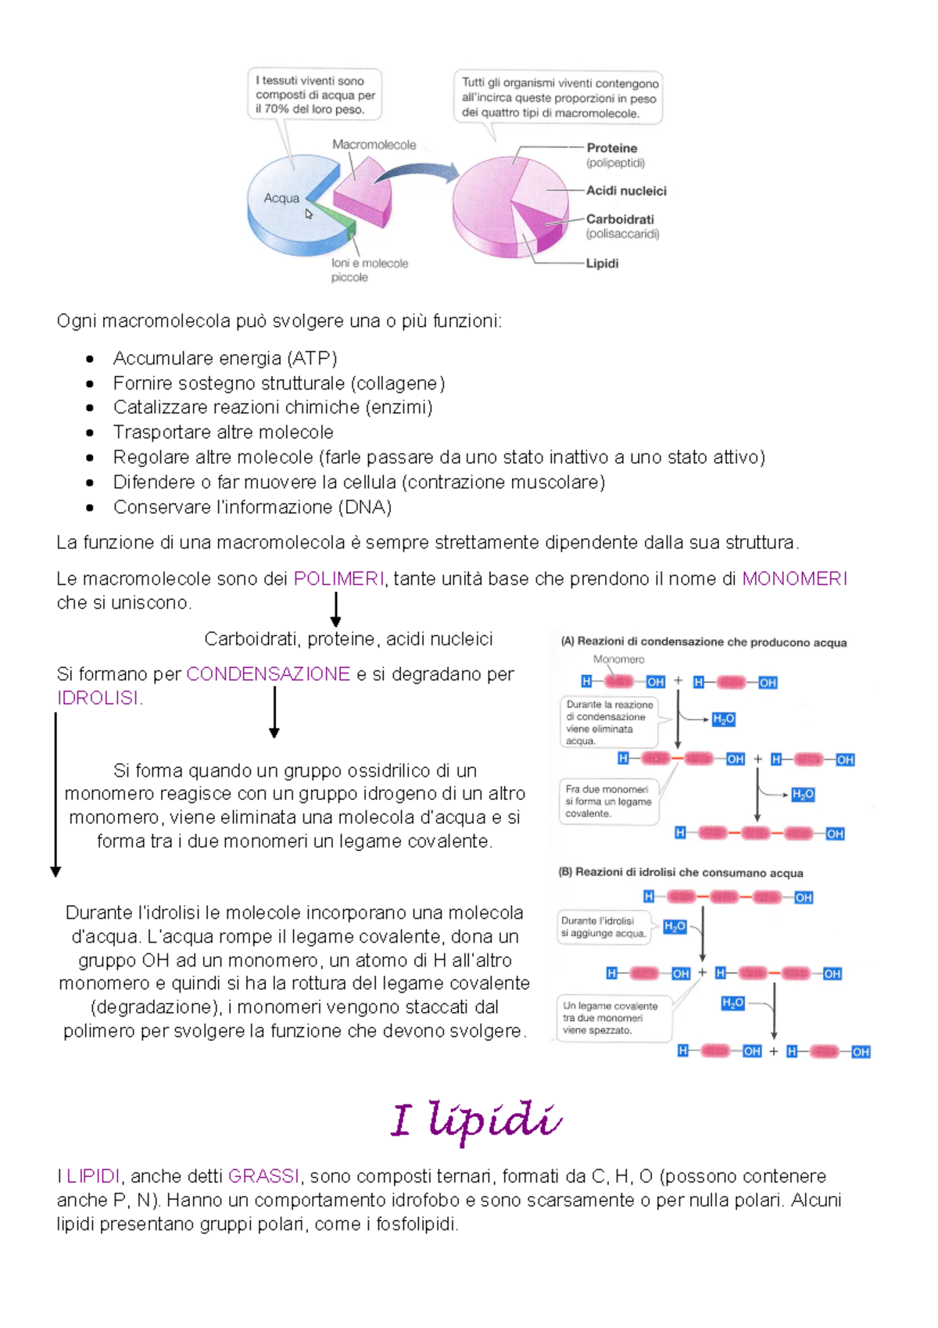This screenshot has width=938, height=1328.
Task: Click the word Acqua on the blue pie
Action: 281,199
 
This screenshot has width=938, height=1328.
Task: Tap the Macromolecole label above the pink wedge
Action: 374,145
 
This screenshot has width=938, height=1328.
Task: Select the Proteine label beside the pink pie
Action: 611,148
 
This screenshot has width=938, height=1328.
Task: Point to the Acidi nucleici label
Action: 626,191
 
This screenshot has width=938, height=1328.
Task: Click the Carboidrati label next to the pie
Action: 620,219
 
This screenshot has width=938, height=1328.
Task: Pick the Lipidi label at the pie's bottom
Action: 602,264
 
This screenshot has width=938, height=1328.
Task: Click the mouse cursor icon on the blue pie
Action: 309,214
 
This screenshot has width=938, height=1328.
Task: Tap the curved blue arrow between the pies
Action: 418,173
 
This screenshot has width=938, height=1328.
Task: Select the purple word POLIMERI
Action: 338,579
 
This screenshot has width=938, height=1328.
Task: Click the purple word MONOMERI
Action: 794,579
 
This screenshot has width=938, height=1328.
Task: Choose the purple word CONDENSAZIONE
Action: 268,674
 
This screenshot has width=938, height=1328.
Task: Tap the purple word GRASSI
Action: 263,1176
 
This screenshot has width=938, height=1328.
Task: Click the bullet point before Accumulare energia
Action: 90,360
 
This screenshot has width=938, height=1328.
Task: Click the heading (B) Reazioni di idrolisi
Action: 680,873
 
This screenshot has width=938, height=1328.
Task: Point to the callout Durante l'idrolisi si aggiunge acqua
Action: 603,927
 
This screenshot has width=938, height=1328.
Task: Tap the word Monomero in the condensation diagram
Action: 618,659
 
